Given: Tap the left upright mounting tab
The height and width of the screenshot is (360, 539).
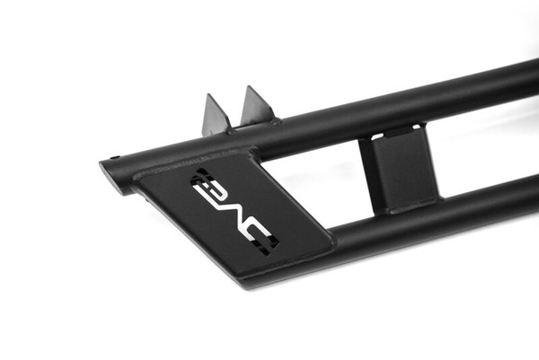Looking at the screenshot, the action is (216, 116).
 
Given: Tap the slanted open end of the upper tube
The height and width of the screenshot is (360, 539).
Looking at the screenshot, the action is (110, 174).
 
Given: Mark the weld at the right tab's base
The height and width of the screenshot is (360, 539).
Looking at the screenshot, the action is (275, 122).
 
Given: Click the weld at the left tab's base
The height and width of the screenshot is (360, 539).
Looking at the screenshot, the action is (230, 131).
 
